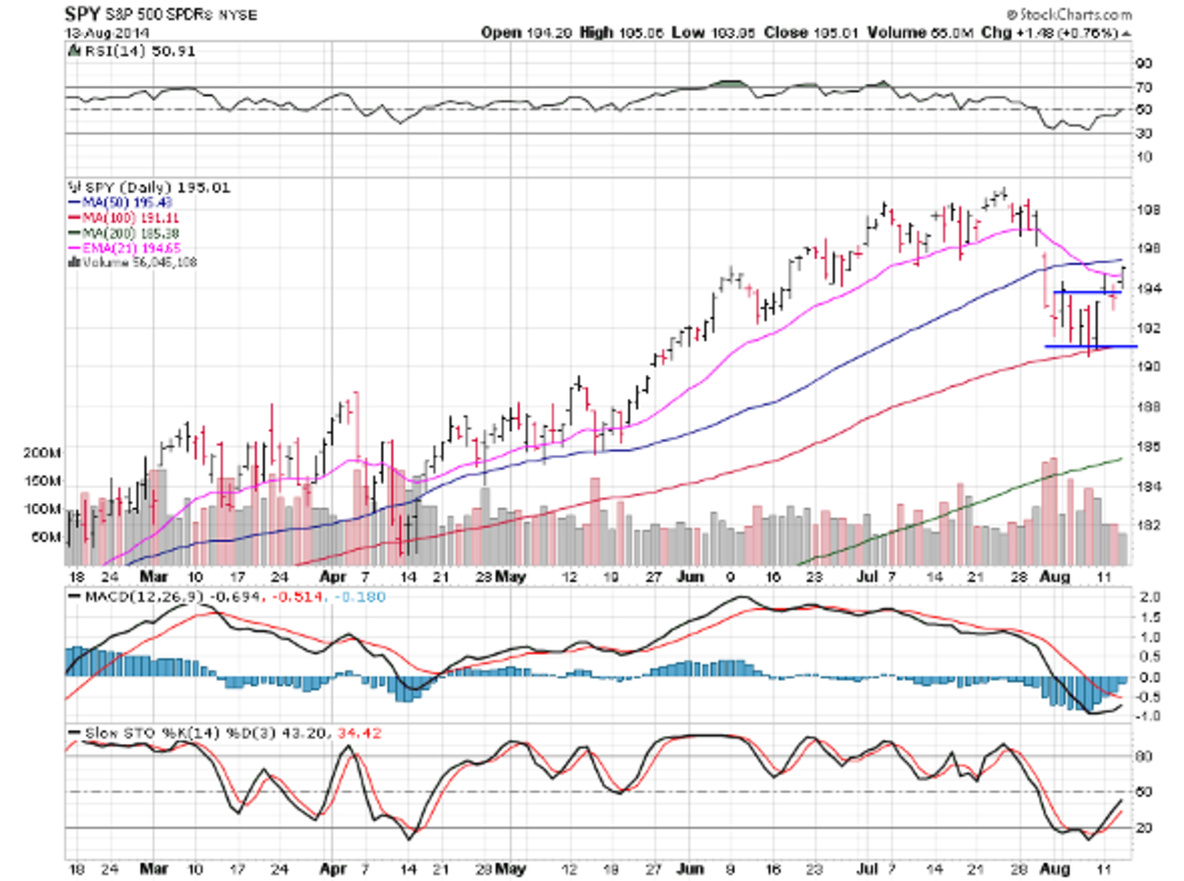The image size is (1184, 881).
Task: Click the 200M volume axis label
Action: pos(41,453)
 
